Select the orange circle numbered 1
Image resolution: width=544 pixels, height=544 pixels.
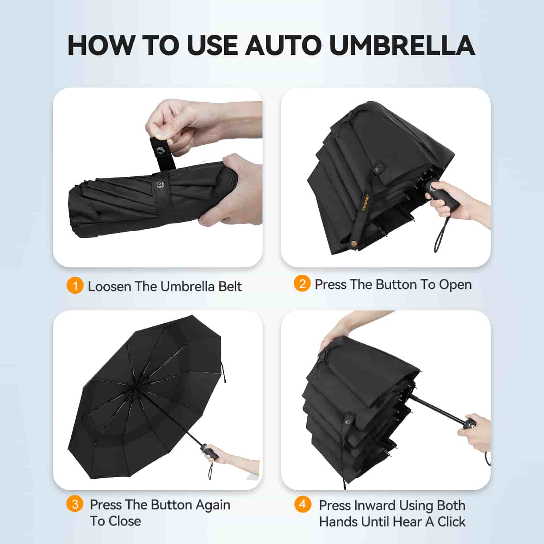coord(75,285)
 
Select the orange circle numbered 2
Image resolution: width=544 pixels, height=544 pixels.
coord(302,284)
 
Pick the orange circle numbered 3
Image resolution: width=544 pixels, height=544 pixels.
coord(75,504)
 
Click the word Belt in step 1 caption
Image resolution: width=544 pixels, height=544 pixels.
coord(230,286)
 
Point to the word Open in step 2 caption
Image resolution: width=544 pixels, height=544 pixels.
coord(455,285)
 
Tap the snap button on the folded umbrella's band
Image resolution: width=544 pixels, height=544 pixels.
coord(159,185)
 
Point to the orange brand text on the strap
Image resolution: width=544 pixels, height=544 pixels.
coord(365,203)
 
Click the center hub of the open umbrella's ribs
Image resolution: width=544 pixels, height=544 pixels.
coord(135,387)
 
